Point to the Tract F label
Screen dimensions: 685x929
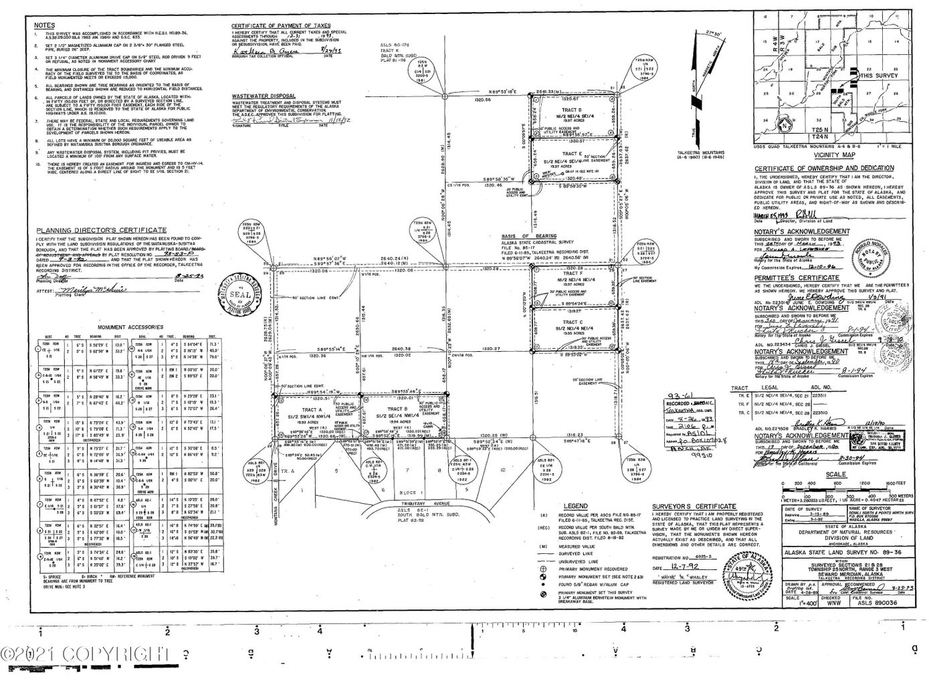pos(573,273)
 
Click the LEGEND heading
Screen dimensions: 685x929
pos(575,506)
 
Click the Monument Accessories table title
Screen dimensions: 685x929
pos(130,327)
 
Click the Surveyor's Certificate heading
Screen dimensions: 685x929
pos(694,507)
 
